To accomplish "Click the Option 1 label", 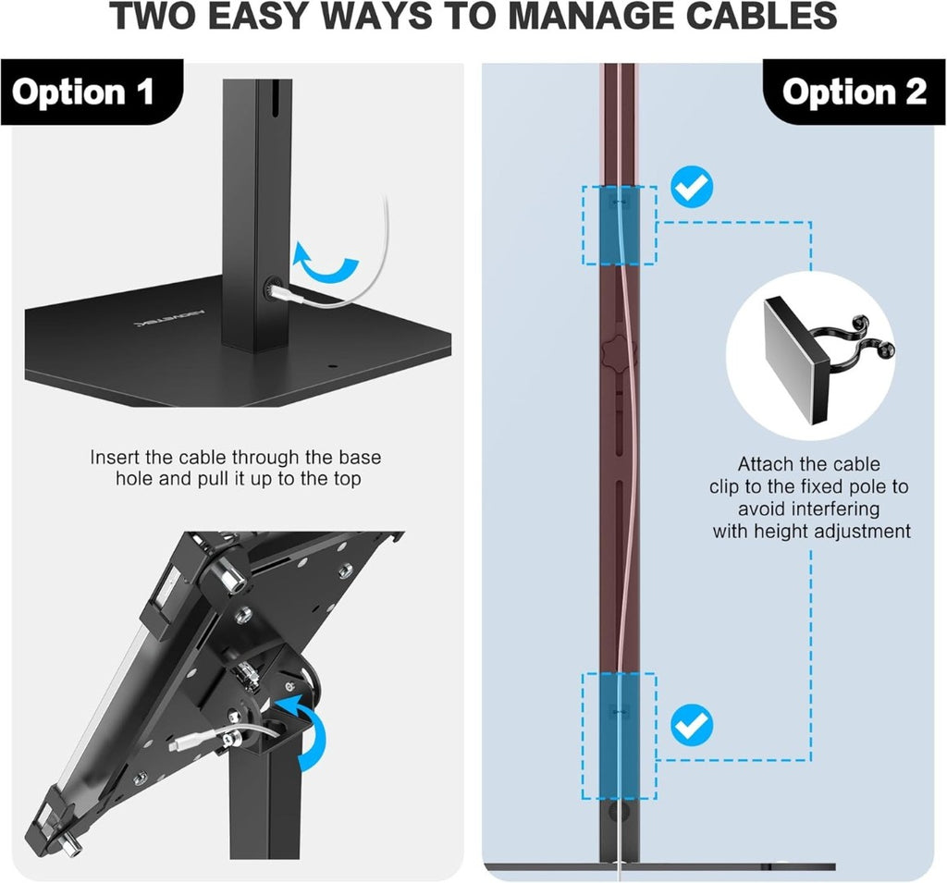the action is click(82, 92).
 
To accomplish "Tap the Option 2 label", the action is click(854, 92).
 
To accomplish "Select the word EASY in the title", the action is click(263, 17).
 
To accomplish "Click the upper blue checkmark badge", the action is click(692, 187).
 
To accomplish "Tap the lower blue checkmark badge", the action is click(692, 726).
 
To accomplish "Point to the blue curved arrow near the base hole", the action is click(325, 263).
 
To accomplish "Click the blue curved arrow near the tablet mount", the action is click(305, 728).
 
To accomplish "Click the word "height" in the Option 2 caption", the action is click(780, 532).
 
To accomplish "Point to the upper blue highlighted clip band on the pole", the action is click(619, 226).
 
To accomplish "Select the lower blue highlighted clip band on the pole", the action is click(619, 736).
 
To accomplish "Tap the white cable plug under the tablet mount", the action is click(193, 741).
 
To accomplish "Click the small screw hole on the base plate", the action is click(330, 366).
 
